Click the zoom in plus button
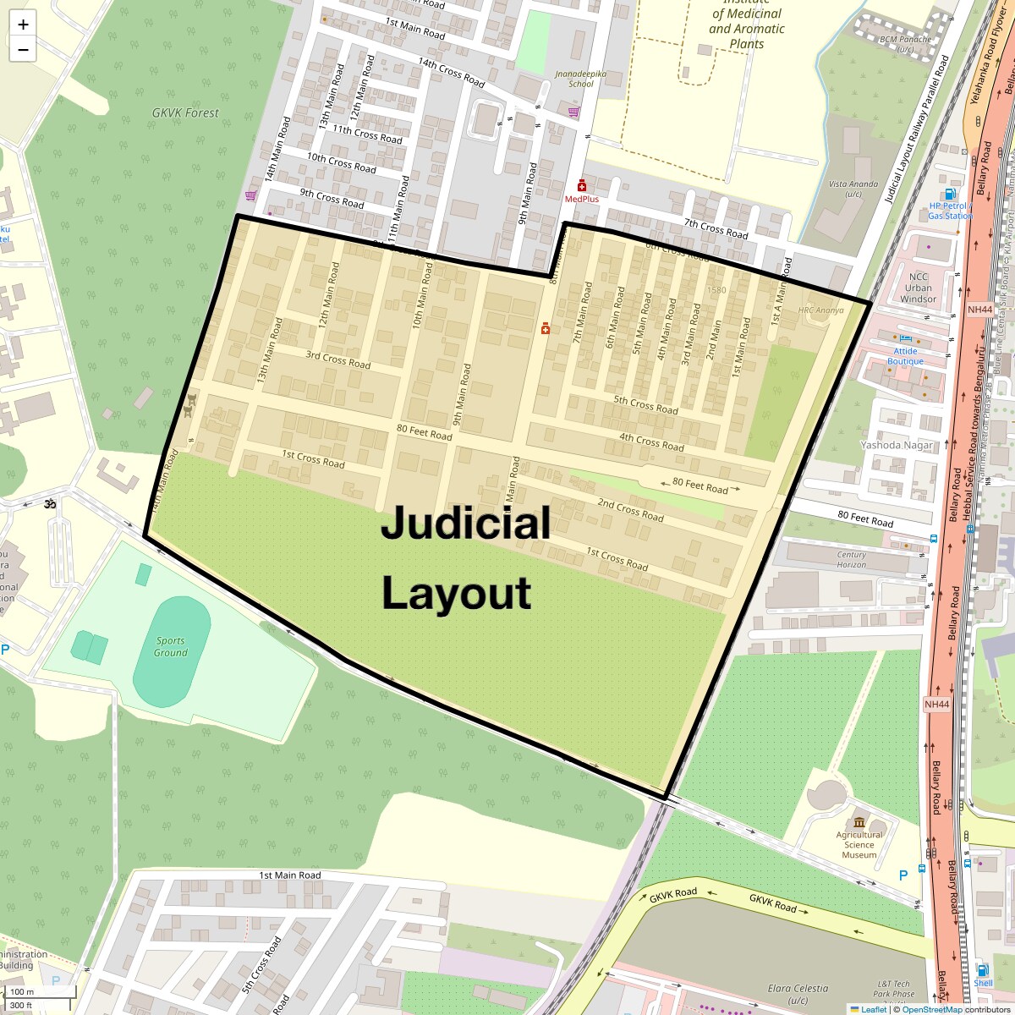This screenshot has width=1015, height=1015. coord(23,25)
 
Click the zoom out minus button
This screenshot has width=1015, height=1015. coord(23,49)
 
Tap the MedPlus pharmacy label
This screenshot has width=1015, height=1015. coord(581,199)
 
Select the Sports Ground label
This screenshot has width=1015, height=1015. coord(170,647)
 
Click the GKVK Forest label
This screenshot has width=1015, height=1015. coord(184,112)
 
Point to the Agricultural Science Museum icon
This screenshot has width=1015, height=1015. coord(859,823)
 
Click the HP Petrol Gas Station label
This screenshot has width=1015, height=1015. coord(950,211)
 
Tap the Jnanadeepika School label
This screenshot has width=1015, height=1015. coord(574,79)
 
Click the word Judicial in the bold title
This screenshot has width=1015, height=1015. coord(465,523)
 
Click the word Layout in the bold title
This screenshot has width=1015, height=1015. coord(456,593)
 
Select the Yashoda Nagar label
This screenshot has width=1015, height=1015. coord(896,445)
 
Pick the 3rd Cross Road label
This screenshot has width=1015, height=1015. coord(337,360)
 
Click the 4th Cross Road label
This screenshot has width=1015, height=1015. coord(651,441)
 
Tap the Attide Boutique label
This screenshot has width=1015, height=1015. coord(905,356)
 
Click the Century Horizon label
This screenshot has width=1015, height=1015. coord(851,560)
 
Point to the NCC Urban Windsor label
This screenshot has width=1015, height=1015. coord(918,288)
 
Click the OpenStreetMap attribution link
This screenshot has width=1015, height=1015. coord(931,1009)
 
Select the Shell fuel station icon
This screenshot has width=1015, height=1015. coord(982,970)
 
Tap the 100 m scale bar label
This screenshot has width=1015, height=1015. coord(22,992)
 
